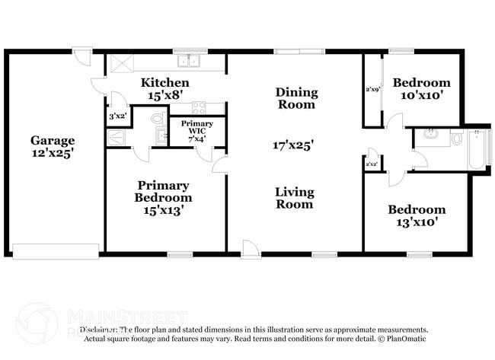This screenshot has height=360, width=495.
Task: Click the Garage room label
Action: [x=53, y=140]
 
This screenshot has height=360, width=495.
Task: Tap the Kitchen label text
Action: [x=164, y=82]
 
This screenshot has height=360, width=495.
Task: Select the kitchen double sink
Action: [x=187, y=62]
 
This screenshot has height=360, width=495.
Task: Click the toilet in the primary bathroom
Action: [x=158, y=118]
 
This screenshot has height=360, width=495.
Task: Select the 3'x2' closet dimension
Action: [x=117, y=116]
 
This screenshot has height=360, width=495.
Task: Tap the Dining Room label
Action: [x=295, y=98]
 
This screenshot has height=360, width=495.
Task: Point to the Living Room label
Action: [x=294, y=198]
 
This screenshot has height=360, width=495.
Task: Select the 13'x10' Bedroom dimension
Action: [x=417, y=223]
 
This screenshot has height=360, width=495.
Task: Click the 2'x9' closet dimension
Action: [x=372, y=91]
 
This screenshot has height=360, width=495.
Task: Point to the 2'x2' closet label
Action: [x=372, y=164]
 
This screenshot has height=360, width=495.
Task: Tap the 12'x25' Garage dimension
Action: [x=53, y=153]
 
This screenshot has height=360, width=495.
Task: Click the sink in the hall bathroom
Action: [x=431, y=137]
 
